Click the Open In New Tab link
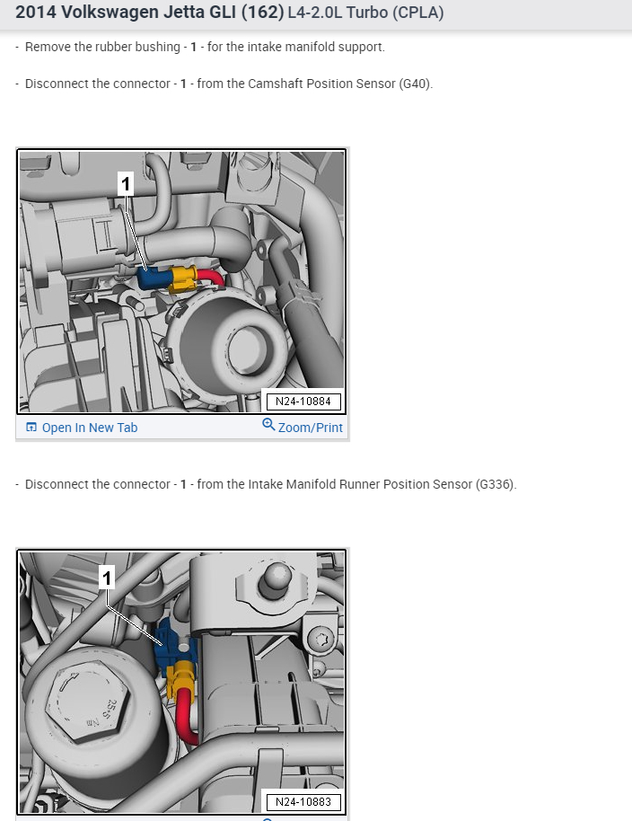coord(82,428)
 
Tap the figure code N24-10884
coord(303,402)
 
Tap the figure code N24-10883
coord(303,801)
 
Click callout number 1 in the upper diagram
coord(126,184)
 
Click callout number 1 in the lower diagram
coord(107,578)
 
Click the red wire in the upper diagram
coord(210,278)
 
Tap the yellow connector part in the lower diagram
coord(182,675)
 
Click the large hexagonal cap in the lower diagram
coord(86,704)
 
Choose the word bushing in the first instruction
coord(157,47)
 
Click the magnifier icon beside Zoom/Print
coord(268,425)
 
